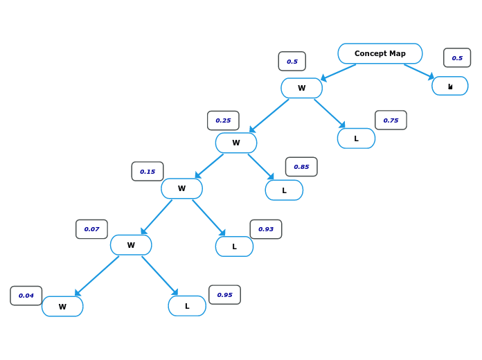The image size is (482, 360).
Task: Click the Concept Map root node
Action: [380, 53]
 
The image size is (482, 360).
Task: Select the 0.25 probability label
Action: [223, 120]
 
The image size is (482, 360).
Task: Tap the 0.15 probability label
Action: [148, 172]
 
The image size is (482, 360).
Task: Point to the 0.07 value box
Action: [91, 229]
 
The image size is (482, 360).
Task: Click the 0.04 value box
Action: [26, 296]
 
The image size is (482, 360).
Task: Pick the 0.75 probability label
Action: [391, 120]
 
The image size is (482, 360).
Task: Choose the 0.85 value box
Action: [301, 167]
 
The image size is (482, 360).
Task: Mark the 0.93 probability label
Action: [266, 229]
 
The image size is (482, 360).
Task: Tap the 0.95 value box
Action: [224, 295]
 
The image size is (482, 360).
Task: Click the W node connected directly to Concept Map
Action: [301, 88]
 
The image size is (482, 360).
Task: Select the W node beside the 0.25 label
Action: [236, 143]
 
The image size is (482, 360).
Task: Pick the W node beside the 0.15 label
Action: [181, 188]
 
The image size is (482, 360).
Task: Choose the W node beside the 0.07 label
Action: [131, 245]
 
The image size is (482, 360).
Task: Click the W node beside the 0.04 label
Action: [62, 307]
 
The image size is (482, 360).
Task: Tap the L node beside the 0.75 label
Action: [356, 138]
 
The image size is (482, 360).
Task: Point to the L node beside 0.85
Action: [284, 190]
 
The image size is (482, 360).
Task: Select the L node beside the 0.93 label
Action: [234, 246]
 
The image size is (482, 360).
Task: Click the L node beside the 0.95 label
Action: [187, 306]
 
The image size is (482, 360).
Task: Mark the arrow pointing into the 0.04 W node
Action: [97, 276]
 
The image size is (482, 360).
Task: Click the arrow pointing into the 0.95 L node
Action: [160, 276]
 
